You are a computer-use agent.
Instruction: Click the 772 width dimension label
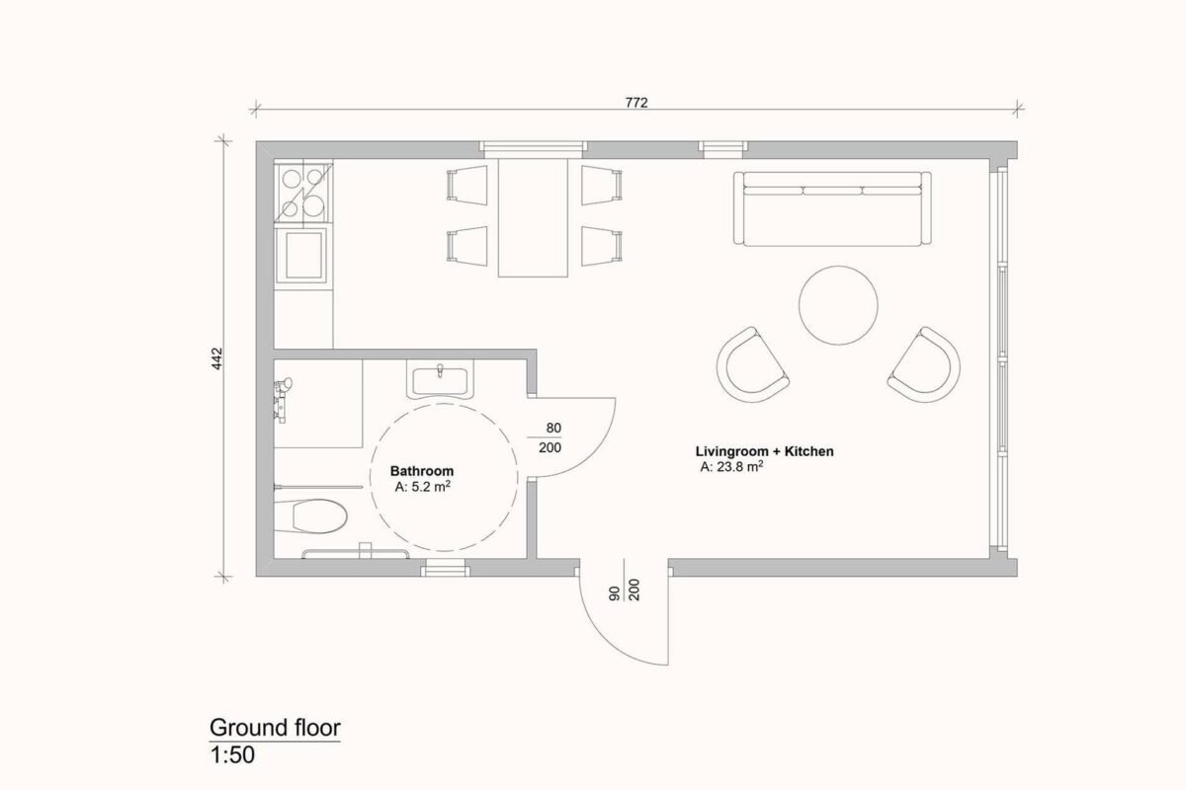click(x=636, y=102)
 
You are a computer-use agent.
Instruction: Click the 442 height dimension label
click(x=217, y=358)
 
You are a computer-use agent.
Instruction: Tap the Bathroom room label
click(x=422, y=471)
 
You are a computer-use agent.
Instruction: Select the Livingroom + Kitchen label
click(x=765, y=451)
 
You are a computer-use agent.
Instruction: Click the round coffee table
click(x=838, y=305)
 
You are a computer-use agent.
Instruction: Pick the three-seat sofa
click(x=832, y=208)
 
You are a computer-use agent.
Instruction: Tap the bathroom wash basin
click(x=440, y=380)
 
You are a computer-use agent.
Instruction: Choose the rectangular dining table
click(x=533, y=217)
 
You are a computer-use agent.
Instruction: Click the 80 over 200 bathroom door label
click(x=550, y=437)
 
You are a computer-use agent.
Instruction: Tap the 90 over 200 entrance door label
click(x=625, y=590)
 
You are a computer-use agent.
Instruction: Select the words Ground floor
click(x=275, y=728)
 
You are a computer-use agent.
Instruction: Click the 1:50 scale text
click(x=232, y=755)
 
